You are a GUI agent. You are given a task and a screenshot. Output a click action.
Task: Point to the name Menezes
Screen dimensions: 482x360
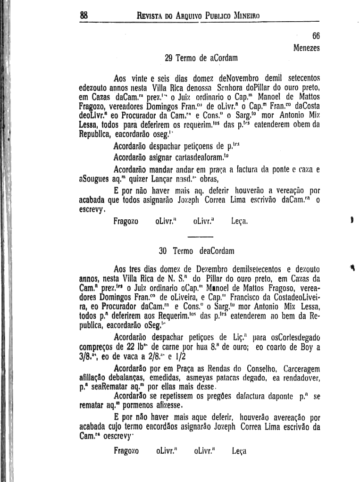[306, 48]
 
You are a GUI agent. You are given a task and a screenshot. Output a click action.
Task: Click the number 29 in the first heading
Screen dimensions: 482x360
[168, 58]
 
